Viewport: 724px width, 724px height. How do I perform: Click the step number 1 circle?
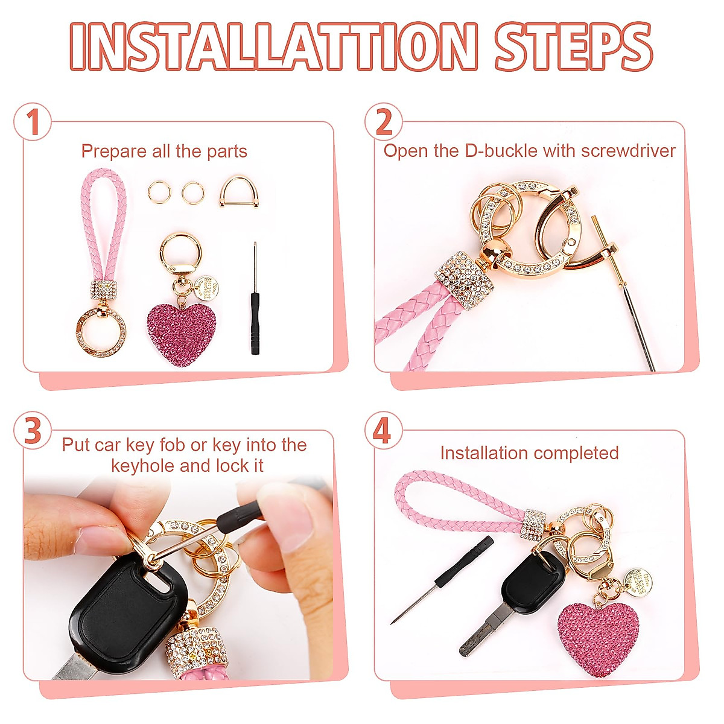[33, 121]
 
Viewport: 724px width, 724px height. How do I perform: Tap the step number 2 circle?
[384, 121]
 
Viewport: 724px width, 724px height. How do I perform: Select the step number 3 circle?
[33, 431]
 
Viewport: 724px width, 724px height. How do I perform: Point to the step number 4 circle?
[383, 431]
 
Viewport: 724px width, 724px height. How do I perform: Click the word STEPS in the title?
[573, 47]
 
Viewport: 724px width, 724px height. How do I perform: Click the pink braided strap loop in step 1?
[103, 229]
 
